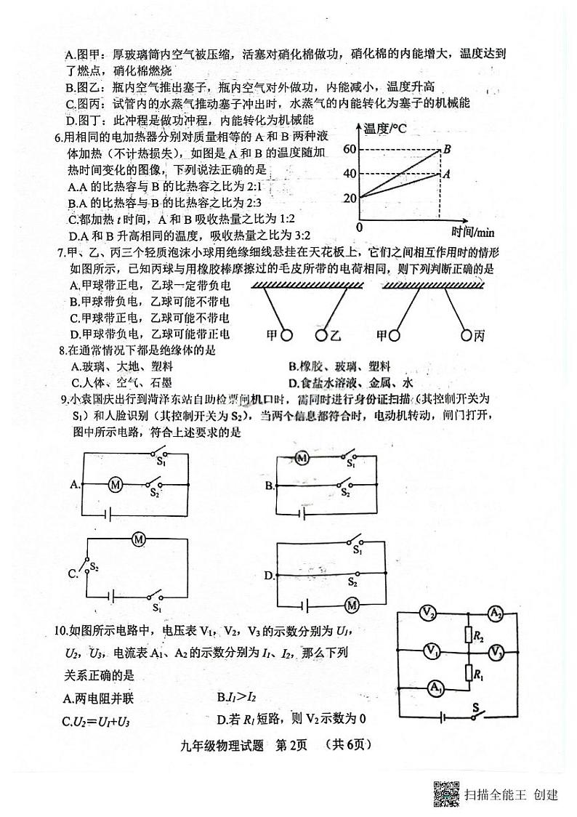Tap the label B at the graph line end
click(x=448, y=149)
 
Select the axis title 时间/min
click(x=472, y=232)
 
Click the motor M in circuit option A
click(x=114, y=484)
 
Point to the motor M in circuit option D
click(x=352, y=605)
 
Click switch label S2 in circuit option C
click(x=94, y=565)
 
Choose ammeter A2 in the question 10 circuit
click(x=496, y=614)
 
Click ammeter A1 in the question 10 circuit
click(x=435, y=687)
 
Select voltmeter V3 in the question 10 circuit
click(x=496, y=651)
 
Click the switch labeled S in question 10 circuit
click(x=477, y=716)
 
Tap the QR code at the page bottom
click(x=446, y=793)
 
